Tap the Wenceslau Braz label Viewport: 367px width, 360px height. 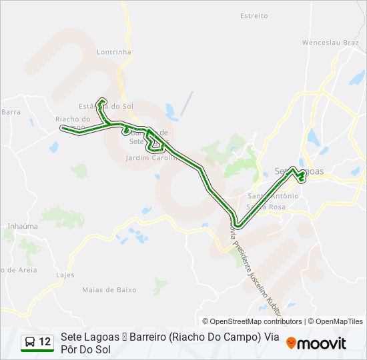pos(330,42)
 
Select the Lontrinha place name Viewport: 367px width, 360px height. pos(114,51)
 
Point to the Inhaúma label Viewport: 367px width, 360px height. pos(23,227)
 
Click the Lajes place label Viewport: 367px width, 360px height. pos(65,275)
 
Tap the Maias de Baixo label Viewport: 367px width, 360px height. pos(109,290)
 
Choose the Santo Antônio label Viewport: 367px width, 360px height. pos(273,196)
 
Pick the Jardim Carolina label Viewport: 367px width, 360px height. pos(151,159)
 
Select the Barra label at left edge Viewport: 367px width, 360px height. pos(11,112)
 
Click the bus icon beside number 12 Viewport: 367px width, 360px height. pos(30,342)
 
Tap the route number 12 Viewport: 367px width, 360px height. pos(45,342)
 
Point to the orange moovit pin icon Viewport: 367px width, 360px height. pos(292,343)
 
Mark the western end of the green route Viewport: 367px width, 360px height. pos(63,127)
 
